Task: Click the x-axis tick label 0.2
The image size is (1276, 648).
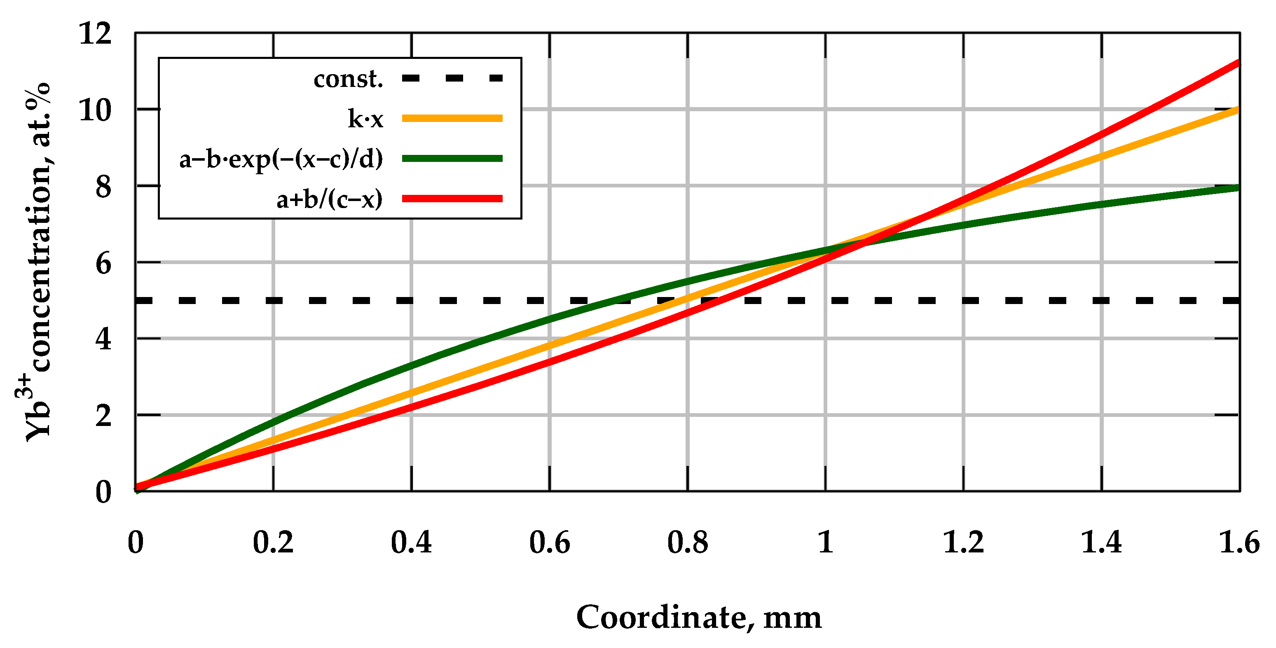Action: pyautogui.click(x=273, y=543)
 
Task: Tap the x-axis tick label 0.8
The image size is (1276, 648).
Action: pyautogui.click(x=687, y=543)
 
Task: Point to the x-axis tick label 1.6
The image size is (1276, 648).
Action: pyautogui.click(x=1239, y=543)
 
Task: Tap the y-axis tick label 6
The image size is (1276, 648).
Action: pyautogui.click(x=103, y=263)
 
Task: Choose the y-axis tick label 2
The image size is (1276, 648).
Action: pyautogui.click(x=103, y=416)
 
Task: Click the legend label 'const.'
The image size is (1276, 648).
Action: pyautogui.click(x=348, y=79)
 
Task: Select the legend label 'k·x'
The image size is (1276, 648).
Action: pyautogui.click(x=365, y=119)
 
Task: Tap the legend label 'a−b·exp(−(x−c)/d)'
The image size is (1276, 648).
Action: pyautogui.click(x=281, y=159)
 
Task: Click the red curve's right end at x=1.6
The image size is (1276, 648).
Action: pyautogui.click(x=1238, y=63)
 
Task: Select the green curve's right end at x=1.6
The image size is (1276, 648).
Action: pyautogui.click(x=1238, y=188)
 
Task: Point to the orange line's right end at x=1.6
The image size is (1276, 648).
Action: pyautogui.click(x=1238, y=110)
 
